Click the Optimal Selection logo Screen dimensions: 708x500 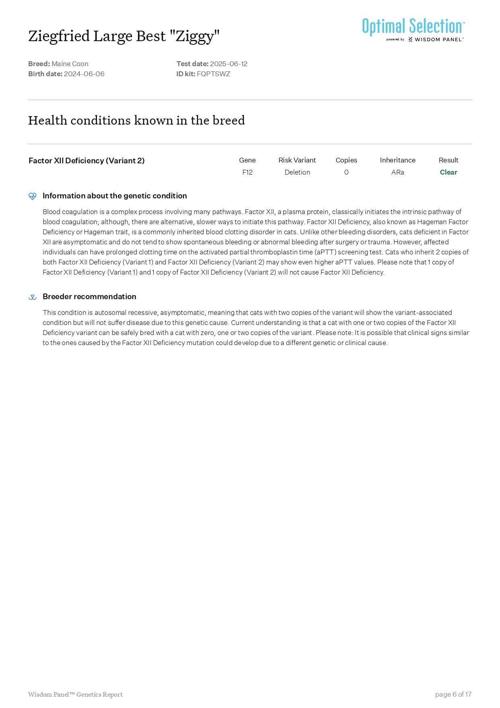[413, 29]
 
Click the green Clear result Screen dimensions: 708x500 [448, 172]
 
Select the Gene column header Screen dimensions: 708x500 [247, 160]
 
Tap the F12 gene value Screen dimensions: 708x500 [247, 172]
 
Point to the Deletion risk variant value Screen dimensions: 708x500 [297, 172]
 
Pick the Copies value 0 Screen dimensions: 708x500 [346, 172]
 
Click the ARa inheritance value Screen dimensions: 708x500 [397, 172]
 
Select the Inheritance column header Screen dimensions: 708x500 [397, 160]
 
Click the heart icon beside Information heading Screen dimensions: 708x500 [33, 196]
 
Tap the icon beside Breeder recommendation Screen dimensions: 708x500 [33, 297]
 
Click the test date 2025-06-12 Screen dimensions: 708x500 [229, 64]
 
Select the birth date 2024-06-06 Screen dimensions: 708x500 [84, 74]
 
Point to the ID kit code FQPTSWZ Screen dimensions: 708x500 [213, 74]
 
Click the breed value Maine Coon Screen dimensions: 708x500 [70, 64]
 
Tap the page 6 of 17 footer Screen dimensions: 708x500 [453, 694]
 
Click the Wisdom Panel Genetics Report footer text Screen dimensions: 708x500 [75, 694]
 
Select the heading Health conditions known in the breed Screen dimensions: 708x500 [136, 120]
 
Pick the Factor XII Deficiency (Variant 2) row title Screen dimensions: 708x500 [87, 160]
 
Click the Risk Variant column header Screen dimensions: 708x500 [297, 160]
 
